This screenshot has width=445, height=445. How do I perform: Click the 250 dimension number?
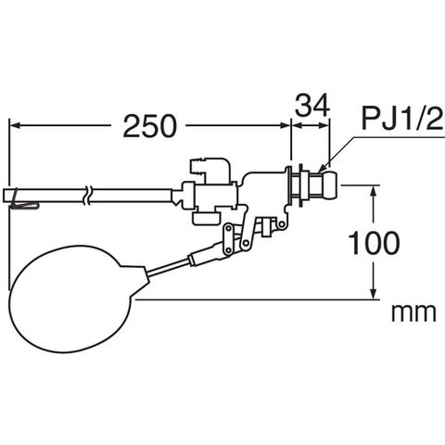pyautogui.click(x=150, y=126)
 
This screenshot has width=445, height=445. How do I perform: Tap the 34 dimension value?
pyautogui.click(x=312, y=106)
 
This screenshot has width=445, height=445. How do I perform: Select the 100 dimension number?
pyautogui.click(x=374, y=243)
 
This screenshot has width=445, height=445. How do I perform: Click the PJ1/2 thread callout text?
pyautogui.click(x=402, y=119)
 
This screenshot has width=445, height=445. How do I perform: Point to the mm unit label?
pyautogui.click(x=413, y=312)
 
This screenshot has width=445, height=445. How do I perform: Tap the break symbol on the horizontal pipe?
pyautogui.click(x=87, y=195)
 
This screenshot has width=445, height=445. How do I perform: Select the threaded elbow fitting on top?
pyautogui.click(x=210, y=170)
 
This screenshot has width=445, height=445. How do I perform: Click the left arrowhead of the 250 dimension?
pyautogui.click(x=15, y=125)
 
